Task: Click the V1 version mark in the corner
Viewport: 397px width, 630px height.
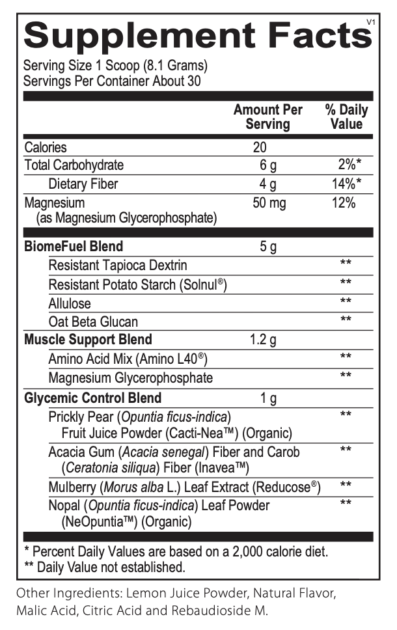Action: [371, 22]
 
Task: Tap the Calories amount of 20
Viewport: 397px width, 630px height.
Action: [260, 147]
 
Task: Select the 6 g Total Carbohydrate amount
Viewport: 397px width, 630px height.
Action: [268, 165]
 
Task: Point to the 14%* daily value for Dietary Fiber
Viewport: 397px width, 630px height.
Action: [346, 184]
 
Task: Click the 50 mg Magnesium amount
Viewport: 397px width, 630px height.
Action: [269, 203]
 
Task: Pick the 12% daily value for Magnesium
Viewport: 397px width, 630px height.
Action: [342, 203]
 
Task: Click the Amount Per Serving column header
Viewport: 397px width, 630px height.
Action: [268, 116]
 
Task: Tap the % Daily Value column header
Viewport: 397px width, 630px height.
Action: [346, 116]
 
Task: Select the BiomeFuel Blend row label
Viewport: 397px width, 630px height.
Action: [74, 247]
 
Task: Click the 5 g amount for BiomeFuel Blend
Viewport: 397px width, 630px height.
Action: [268, 247]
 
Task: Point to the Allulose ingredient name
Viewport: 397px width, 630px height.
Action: [70, 303]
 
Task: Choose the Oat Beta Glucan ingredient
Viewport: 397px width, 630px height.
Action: [93, 322]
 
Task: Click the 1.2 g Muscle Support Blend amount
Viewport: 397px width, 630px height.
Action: [264, 340]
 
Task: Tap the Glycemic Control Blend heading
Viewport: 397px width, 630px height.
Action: [93, 398]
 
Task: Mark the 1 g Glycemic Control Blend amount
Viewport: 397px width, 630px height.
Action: [268, 398]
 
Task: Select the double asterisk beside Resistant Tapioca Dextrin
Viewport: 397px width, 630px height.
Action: [346, 264]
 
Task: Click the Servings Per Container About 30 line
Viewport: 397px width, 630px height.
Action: [112, 81]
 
